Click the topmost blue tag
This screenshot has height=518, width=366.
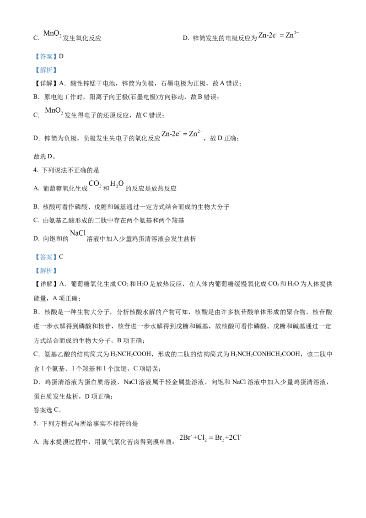coord(46,57)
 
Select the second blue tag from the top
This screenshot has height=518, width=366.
coord(46,70)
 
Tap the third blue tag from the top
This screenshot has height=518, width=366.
coord(46,258)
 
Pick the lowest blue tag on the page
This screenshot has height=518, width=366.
coord(46,271)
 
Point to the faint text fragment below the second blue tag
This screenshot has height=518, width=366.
coord(54,110)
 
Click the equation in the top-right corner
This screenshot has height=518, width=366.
coord(278,35)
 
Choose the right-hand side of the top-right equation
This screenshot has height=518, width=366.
coord(292,35)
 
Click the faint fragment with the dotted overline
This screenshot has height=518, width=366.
coord(106,184)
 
